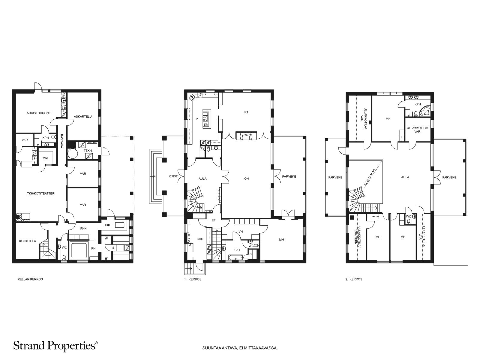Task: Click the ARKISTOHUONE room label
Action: [x=39, y=113]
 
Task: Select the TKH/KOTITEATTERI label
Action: [x=41, y=193]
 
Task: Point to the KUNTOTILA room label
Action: [x=27, y=241]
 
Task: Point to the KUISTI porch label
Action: [x=174, y=176]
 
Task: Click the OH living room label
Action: [x=246, y=178]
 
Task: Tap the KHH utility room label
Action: [x=200, y=239]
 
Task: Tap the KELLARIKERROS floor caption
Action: [x=30, y=279]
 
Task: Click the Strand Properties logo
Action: [x=55, y=346]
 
